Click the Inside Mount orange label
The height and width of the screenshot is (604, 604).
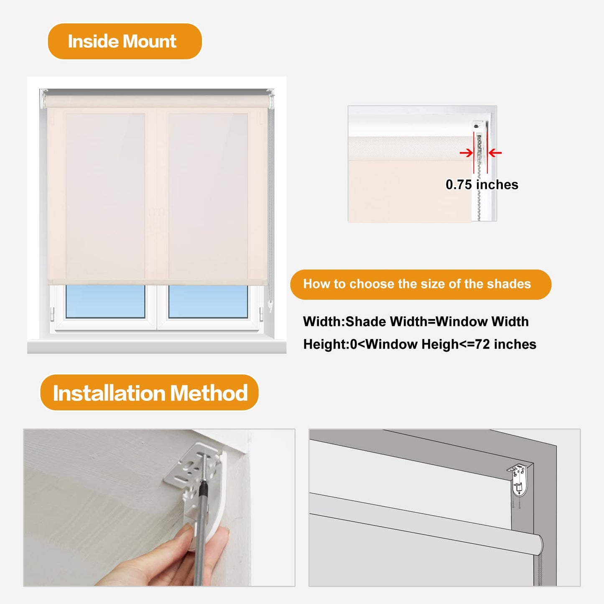coord(125,41)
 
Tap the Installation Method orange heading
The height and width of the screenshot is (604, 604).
coord(150,393)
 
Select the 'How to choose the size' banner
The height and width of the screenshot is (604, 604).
coord(420,284)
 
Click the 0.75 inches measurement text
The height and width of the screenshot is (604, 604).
coord(482,185)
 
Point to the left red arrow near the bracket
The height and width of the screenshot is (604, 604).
coord(466,153)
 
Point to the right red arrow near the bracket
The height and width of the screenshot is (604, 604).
coord(495,153)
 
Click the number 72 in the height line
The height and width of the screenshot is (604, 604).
coord(482,344)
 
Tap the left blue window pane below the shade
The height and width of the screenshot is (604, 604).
coord(105,301)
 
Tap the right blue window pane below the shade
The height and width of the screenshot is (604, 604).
coord(208,301)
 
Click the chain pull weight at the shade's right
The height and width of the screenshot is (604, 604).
coord(270,307)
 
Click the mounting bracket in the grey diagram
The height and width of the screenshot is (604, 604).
coord(519,481)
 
